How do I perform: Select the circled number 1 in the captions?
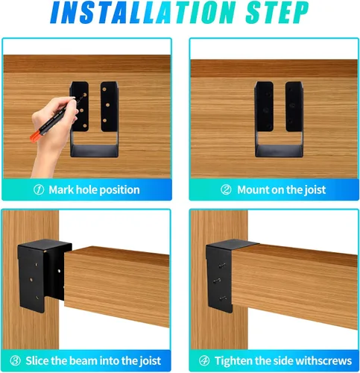point(39,189)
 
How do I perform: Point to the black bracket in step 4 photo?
point(219,276)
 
